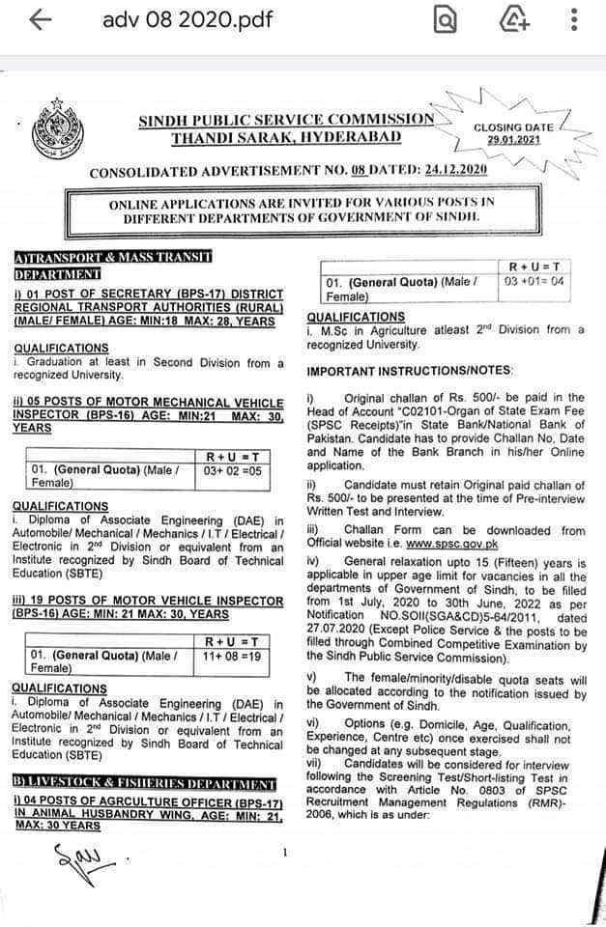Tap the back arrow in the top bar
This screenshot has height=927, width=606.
coord(40,20)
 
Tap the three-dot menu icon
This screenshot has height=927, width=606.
coord(574,20)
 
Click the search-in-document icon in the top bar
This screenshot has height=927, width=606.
coord(446,20)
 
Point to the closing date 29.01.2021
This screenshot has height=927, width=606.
coord(514,140)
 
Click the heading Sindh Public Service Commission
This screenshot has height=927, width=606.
coord(286,119)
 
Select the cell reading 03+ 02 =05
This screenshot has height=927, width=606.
coord(237,470)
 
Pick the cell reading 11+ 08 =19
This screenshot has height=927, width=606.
coord(237,656)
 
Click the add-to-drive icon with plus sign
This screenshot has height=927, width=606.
coord(512,20)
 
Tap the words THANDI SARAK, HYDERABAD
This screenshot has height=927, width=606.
coord(286,137)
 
